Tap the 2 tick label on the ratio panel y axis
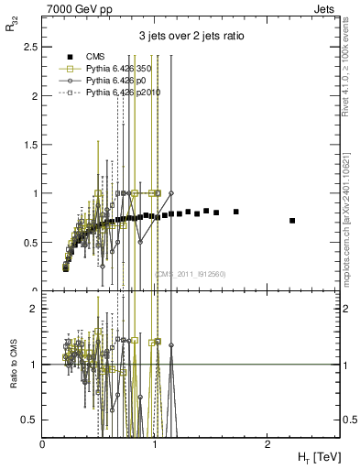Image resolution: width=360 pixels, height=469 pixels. [34, 310]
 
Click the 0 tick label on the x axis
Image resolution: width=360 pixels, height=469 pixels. [42, 444]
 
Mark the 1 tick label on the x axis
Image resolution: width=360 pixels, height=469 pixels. [155, 444]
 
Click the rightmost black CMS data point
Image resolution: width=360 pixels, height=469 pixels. [292, 221]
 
